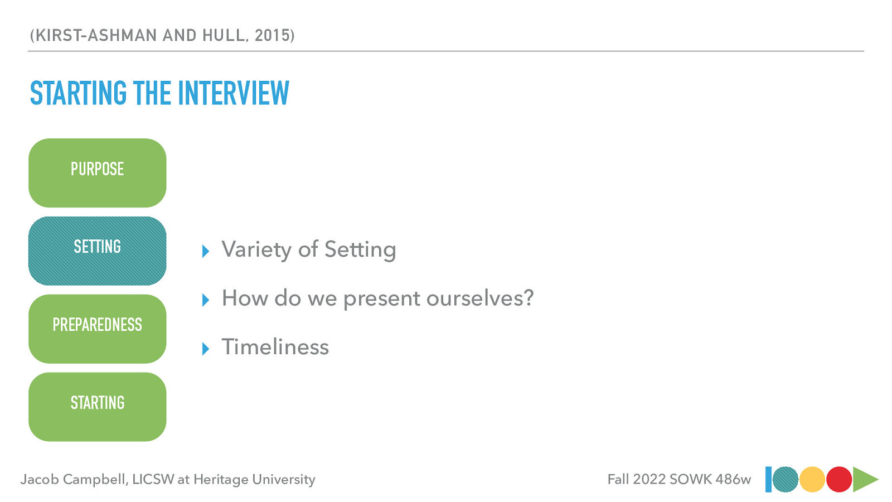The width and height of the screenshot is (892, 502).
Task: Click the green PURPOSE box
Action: (98, 173)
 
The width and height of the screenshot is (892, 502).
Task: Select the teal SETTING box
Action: (98, 251)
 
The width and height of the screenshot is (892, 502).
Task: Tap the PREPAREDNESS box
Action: (98, 329)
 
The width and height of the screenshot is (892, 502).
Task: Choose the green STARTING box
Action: (98, 407)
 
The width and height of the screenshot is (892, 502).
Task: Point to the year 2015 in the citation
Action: (272, 36)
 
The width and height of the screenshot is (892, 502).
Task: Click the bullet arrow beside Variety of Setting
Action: (206, 252)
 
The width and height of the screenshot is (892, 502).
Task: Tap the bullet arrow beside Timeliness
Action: (206, 349)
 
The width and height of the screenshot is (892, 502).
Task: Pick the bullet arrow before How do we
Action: (206, 300)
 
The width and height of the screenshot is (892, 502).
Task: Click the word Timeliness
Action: (275, 347)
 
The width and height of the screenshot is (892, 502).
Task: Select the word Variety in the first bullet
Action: (256, 250)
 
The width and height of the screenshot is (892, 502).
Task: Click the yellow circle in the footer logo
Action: (812, 480)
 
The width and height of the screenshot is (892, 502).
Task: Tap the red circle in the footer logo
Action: (838, 480)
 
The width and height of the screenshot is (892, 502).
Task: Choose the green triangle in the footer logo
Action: (864, 480)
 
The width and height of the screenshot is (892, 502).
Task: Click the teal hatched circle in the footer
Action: (786, 480)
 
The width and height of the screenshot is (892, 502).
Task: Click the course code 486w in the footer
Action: (733, 480)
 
